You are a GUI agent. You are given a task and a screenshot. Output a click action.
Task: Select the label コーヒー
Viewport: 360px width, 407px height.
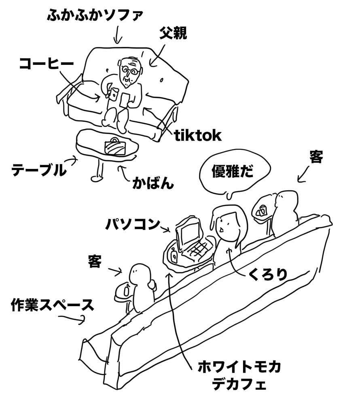(x=47, y=64)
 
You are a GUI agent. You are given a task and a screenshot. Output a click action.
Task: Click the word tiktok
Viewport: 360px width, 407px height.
(x=198, y=136)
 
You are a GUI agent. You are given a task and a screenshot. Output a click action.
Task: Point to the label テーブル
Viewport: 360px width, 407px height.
(x=38, y=170)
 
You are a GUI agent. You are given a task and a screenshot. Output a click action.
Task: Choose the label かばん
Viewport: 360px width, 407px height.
(x=153, y=184)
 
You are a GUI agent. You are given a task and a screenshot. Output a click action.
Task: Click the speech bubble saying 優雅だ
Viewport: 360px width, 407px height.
(x=232, y=172)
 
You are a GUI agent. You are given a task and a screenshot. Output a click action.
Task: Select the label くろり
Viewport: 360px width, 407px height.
(x=268, y=275)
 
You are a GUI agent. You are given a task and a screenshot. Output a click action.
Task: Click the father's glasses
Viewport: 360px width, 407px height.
(x=130, y=72)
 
